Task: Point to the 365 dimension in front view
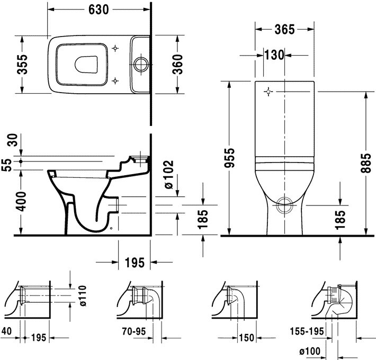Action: [x=284, y=30]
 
